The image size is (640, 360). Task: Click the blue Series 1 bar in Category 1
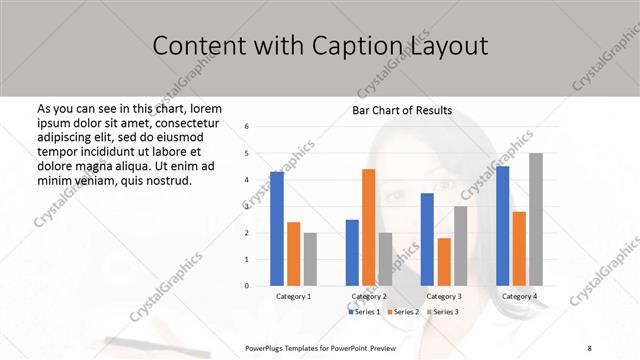tap(277, 229)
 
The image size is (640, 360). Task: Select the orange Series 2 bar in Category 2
tap(368, 227)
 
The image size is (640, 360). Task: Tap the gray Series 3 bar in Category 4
tap(536, 219)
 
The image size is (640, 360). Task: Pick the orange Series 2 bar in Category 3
tap(443, 261)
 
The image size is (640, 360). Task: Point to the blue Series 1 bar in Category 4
tap(502, 226)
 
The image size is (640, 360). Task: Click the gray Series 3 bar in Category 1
tap(310, 259)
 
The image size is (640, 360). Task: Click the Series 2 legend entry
tap(402, 312)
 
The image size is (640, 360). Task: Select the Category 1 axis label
tap(294, 297)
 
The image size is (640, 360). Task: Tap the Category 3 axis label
tap(444, 297)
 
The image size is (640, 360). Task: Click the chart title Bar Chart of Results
tap(402, 110)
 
